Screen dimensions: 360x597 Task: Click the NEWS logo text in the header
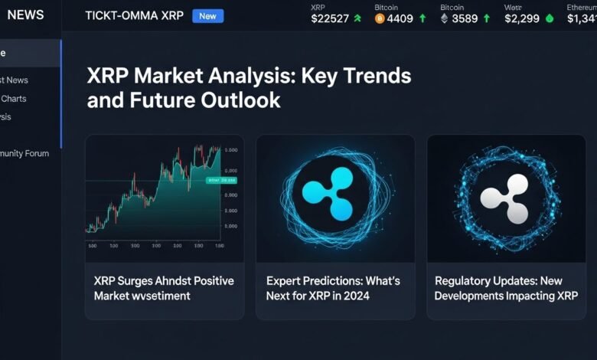point(25,15)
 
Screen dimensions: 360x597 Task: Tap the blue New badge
point(207,15)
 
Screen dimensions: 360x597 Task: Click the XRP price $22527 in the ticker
point(331,20)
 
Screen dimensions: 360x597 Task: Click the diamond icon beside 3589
point(445,20)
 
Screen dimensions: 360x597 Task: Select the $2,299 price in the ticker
point(523,20)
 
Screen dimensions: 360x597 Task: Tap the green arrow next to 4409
point(422,20)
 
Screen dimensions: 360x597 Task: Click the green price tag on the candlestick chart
point(222,181)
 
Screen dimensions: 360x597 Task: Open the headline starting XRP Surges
point(163,288)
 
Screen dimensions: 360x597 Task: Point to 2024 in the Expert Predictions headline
point(355,295)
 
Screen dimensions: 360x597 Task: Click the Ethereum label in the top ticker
point(581,7)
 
